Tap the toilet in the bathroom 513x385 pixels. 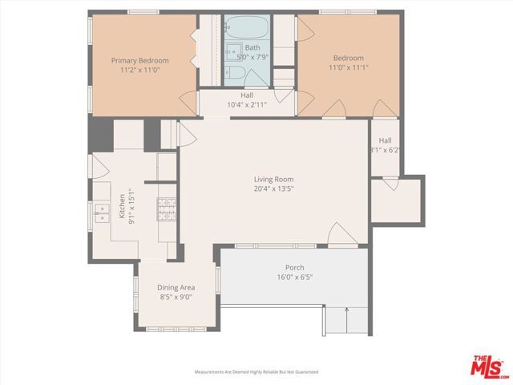point(233,76)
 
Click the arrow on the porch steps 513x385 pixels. point(346,310)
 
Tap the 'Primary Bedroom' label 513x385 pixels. point(139,60)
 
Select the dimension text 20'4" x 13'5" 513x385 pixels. point(273,189)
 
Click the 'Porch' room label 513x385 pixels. point(294,268)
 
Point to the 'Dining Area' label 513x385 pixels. point(176,287)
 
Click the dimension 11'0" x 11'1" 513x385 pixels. point(349,67)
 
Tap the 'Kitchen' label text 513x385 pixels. point(123,206)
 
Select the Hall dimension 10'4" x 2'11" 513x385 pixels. point(236,104)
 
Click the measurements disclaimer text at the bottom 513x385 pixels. point(256,372)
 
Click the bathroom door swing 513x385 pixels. point(283,95)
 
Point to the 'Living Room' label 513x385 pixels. point(273,180)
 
